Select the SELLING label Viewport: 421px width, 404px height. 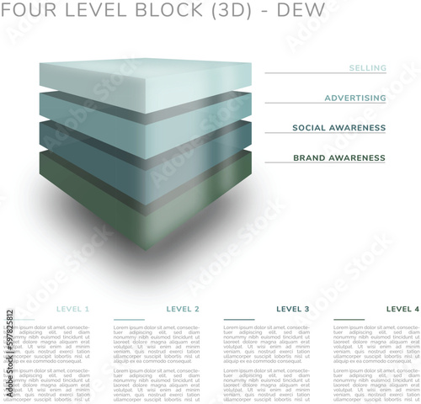[x=367, y=68]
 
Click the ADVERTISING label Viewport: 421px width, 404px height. [x=355, y=98]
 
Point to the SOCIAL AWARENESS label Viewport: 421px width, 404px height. [x=338, y=128]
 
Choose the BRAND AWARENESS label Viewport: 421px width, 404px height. [x=338, y=158]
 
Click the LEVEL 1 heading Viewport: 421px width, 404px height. [x=73, y=309]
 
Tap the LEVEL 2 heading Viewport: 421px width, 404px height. [x=183, y=309]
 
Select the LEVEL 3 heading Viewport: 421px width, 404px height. [x=292, y=309]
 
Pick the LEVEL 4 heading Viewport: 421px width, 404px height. [x=402, y=309]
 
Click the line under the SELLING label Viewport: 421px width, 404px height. [x=325, y=74]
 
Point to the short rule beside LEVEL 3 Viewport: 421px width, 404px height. [x=239, y=321]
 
